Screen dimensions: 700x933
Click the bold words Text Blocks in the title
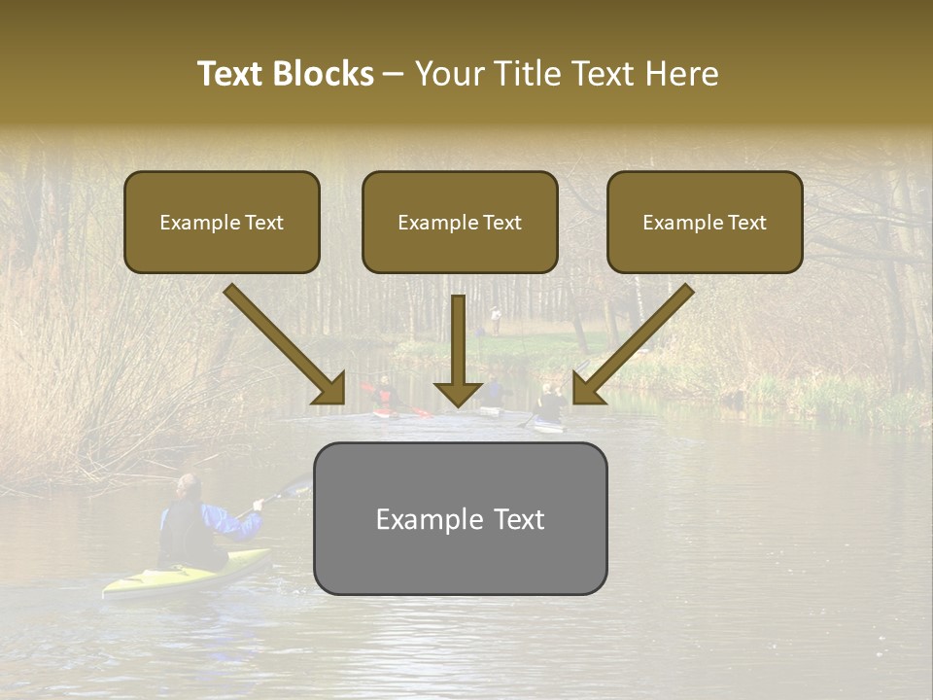pyautogui.click(x=286, y=74)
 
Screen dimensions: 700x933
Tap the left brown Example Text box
pyautogui.click(x=222, y=223)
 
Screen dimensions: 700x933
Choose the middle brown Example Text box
pyautogui.click(x=460, y=223)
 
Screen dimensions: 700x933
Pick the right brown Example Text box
pyautogui.click(x=705, y=223)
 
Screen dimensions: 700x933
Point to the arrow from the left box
pyautogui.click(x=284, y=344)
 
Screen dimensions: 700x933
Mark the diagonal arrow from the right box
pyautogui.click(x=633, y=344)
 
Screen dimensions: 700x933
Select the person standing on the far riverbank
pyautogui.click(x=496, y=318)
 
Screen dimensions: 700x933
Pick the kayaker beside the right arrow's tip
pyautogui.click(x=550, y=405)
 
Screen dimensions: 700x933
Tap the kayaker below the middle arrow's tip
pyautogui.click(x=493, y=394)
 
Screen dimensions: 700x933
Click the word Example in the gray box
pyautogui.click(x=416, y=519)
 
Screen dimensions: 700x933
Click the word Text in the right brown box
pyautogui.click(x=746, y=223)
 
